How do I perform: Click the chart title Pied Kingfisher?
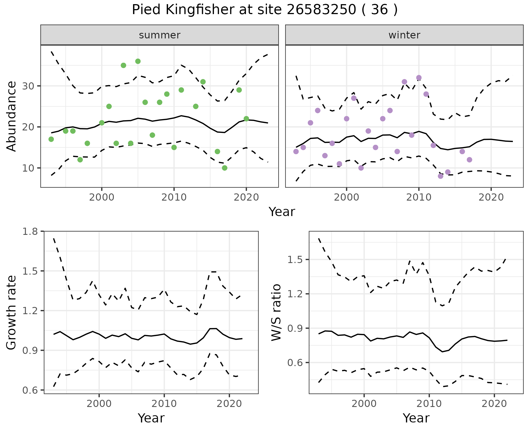tap(264, 10)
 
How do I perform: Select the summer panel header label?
tap(160, 35)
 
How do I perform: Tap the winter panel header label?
tap(404, 35)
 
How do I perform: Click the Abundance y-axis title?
tap(12, 116)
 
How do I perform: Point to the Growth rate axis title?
tap(12, 312)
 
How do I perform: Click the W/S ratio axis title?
tap(276, 312)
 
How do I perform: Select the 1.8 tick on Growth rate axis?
tap(30, 231)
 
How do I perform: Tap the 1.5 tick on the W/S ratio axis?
tap(295, 260)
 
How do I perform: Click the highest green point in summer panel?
tap(138, 61)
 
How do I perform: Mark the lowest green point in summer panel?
tap(225, 168)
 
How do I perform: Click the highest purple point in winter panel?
tap(419, 78)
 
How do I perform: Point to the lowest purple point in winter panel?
tap(441, 176)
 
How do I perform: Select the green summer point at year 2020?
tap(246, 119)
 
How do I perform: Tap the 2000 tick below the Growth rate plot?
tap(99, 404)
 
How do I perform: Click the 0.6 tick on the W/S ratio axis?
tap(295, 362)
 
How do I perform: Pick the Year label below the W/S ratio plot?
tap(416, 418)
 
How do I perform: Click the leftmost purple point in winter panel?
tap(296, 151)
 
